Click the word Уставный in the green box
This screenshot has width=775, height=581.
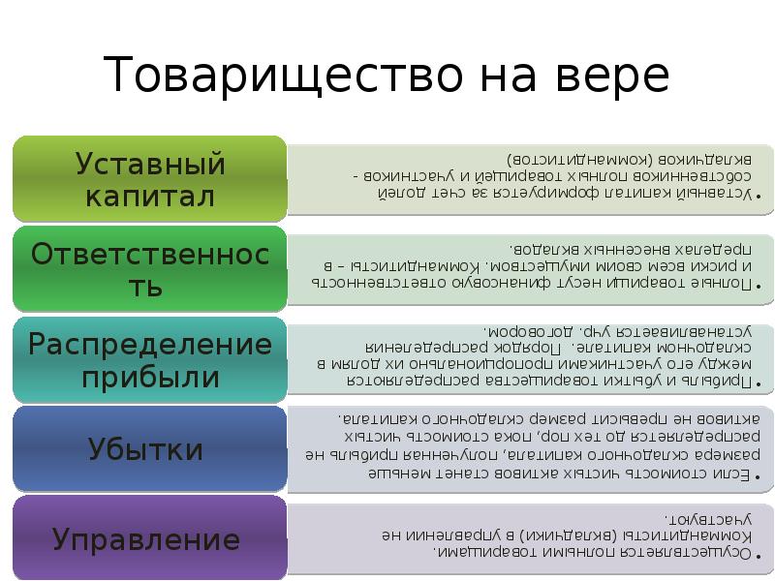pyautogui.click(x=150, y=163)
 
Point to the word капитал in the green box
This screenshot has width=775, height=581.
pyautogui.click(x=150, y=197)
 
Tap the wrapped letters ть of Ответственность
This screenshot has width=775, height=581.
pyautogui.click(x=150, y=287)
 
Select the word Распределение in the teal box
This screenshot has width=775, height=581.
pyautogui.click(x=150, y=343)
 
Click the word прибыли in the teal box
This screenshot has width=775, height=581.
pyautogui.click(x=150, y=377)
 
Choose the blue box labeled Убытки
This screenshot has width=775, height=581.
pyautogui.click(x=150, y=448)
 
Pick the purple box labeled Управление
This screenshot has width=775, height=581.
pyautogui.click(x=150, y=538)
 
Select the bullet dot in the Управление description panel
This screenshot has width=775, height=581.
pyautogui.click(x=758, y=553)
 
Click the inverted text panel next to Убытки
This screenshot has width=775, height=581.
pyautogui.click(x=528, y=448)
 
